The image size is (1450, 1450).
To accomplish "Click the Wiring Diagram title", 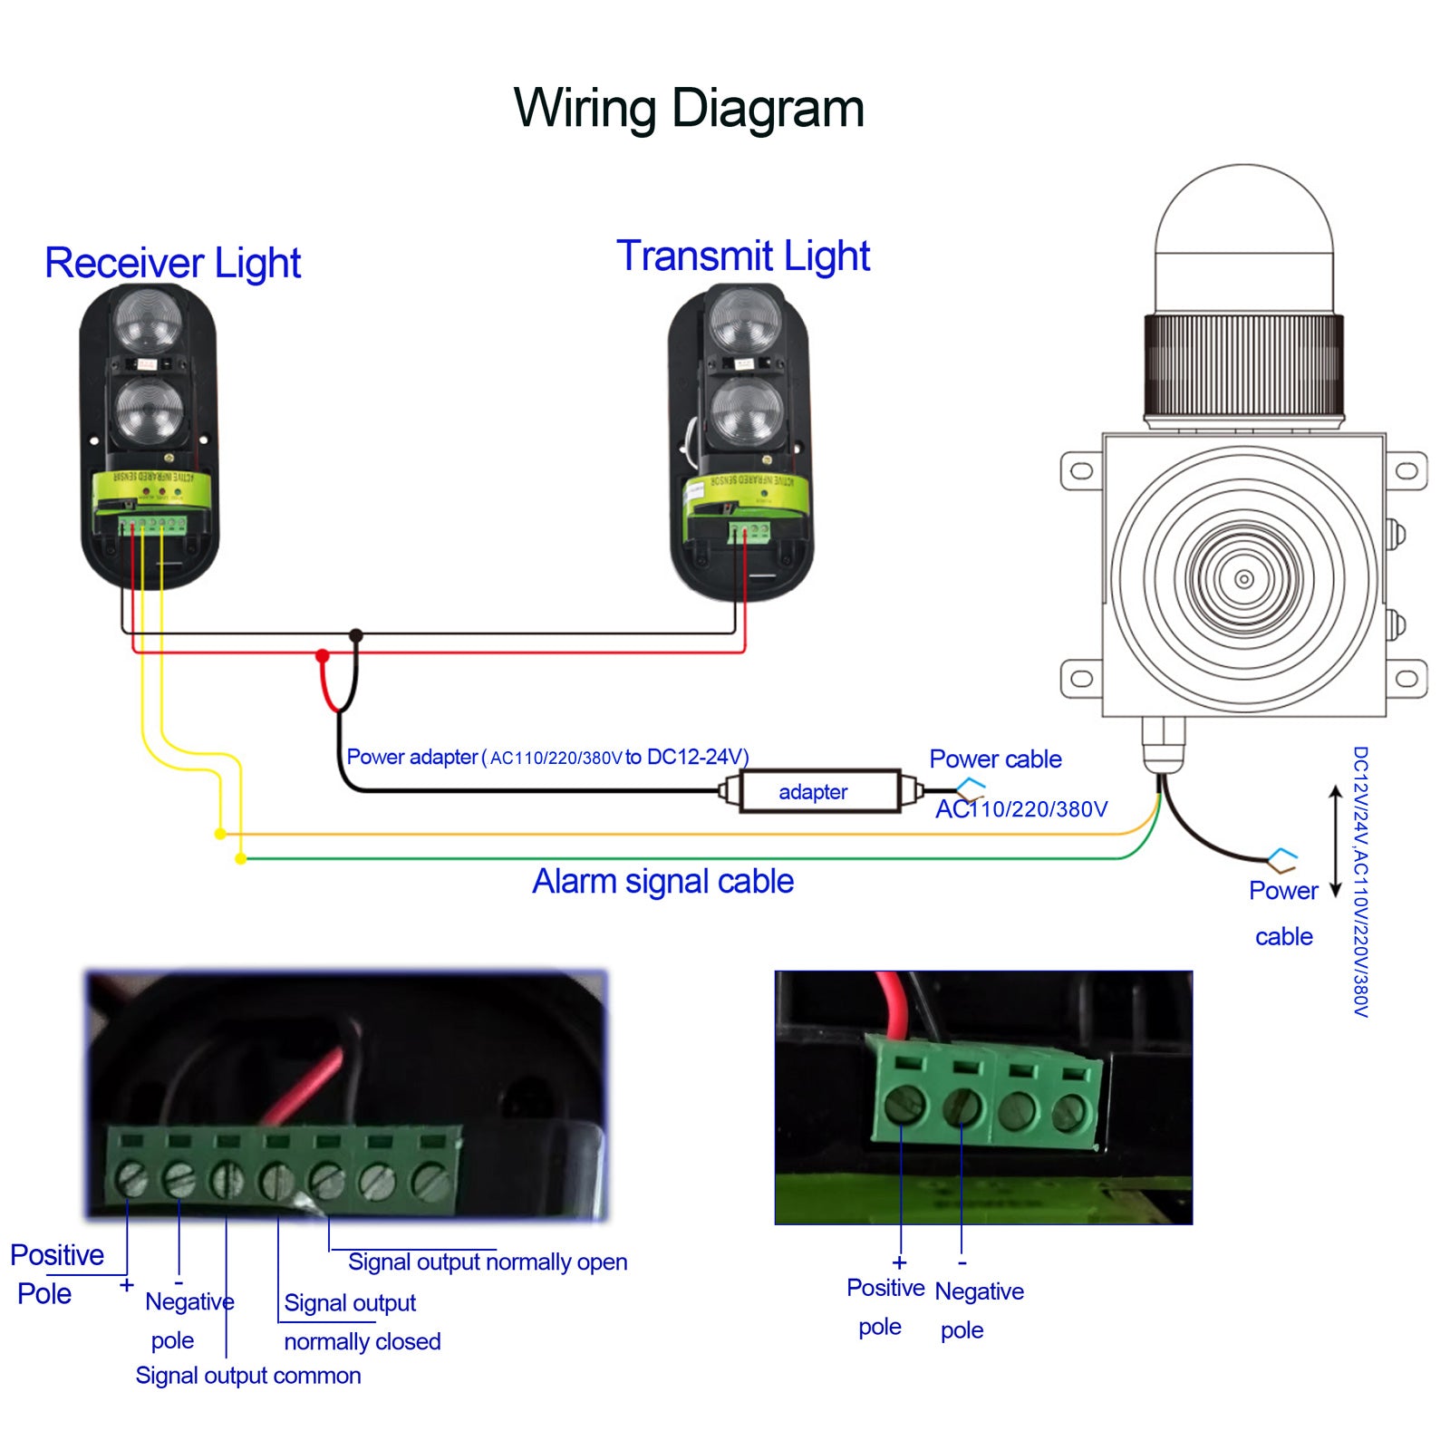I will tap(689, 109).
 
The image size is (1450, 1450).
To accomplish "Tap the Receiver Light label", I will tap(172, 264).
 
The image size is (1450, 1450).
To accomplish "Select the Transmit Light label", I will tap(743, 256).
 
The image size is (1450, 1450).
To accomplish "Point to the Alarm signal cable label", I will tap(662, 882).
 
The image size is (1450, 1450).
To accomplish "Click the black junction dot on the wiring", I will tap(356, 635).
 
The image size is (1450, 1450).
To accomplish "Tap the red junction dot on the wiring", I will tap(322, 655).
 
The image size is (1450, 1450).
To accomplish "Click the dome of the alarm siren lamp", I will tap(1243, 236).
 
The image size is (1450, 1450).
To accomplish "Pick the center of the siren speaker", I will tap(1243, 579).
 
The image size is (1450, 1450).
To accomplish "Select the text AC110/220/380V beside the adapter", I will tap(1021, 809).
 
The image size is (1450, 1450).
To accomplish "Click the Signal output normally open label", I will tap(488, 1262).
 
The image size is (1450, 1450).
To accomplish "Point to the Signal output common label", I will tap(248, 1376).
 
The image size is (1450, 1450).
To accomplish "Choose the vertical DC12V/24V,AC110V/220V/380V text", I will tap(1359, 881).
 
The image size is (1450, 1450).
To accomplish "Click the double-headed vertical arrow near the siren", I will tap(1334, 841).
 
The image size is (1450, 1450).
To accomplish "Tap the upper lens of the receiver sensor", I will tap(148, 322).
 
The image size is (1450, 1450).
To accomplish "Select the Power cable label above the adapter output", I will tap(995, 759).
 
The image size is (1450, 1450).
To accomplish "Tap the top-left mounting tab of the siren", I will tap(1081, 471).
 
